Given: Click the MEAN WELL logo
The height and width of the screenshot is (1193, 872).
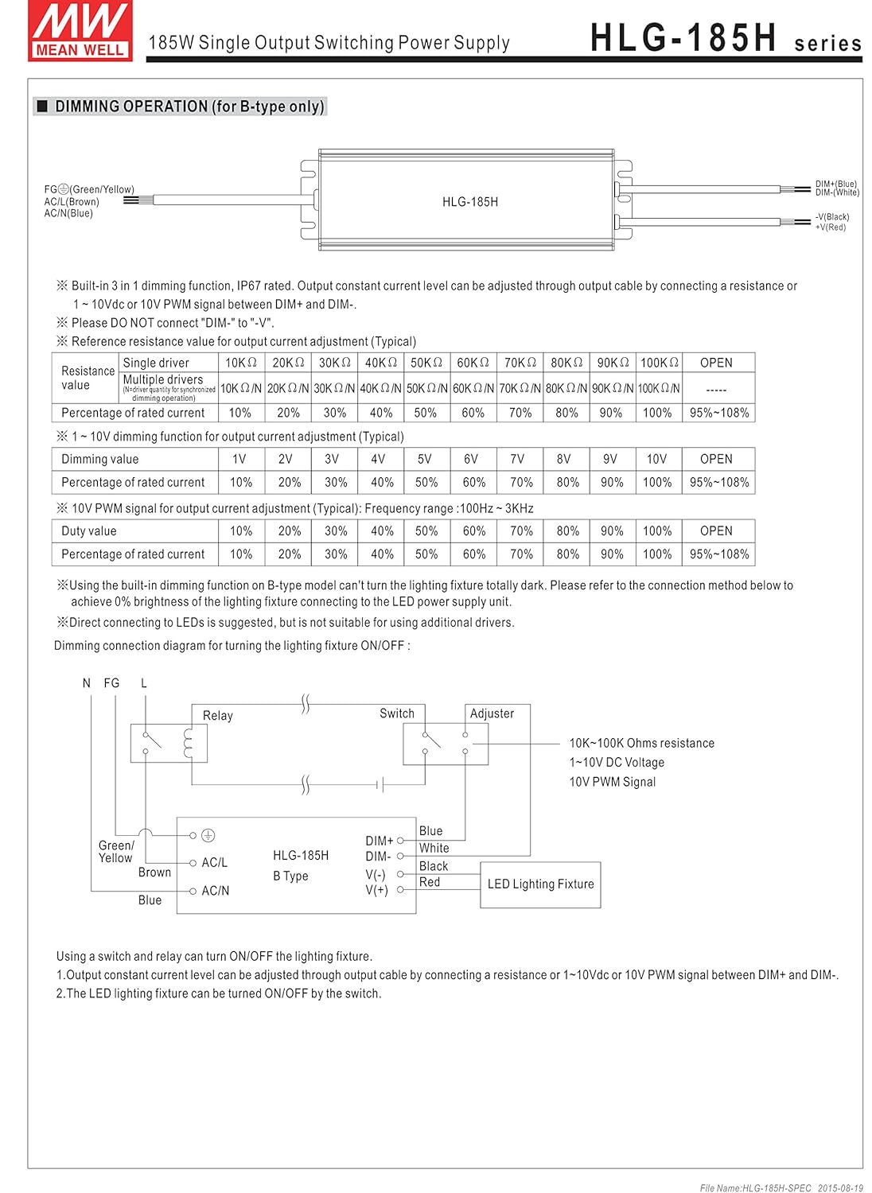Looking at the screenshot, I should point(80,30).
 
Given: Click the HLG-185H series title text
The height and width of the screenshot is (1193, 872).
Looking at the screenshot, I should point(725,39).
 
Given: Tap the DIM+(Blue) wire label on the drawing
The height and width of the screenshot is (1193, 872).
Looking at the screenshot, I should point(835,184).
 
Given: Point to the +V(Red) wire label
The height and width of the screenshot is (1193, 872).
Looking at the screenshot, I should point(830,227).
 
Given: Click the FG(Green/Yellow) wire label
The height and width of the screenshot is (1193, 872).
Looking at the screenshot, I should point(89,189).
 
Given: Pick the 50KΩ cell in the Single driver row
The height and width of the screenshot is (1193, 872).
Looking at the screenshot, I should point(426,363).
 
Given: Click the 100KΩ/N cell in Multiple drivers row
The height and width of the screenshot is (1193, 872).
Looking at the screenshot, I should point(659,389).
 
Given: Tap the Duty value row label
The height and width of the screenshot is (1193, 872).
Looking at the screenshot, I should point(88,531).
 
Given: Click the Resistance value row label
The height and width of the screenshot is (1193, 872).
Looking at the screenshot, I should point(88,378).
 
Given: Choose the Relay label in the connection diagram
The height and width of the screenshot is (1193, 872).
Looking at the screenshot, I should point(217,716).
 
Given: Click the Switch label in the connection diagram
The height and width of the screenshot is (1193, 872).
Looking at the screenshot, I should point(396,713).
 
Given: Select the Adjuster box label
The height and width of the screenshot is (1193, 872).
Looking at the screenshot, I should point(492,713).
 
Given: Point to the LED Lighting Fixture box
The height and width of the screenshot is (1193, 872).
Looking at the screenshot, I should point(540,884).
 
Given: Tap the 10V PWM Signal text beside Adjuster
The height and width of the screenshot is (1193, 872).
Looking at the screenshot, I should point(612,782).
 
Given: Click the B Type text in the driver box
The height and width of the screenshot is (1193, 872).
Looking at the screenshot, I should point(290,876).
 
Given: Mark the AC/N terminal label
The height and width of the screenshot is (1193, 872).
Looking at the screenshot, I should point(215,891).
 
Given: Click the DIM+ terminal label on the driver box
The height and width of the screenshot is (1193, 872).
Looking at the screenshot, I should point(379,841).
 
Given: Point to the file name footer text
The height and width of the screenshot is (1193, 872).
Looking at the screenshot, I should point(781,1187).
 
